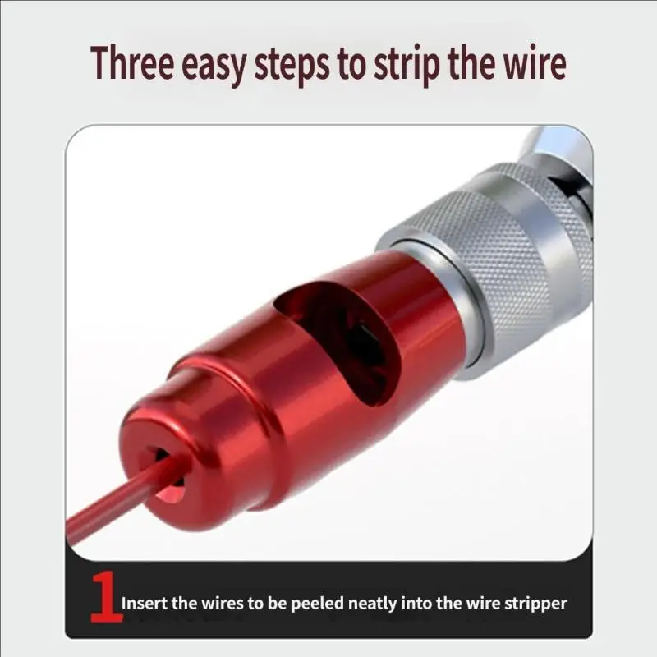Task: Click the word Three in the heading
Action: pyautogui.click(x=132, y=62)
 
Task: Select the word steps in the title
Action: pyautogui.click(x=292, y=65)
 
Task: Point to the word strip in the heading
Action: pyautogui.click(x=406, y=65)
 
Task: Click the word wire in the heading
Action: pyautogui.click(x=535, y=62)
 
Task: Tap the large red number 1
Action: pyautogui.click(x=106, y=597)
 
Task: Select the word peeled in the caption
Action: pyautogui.click(x=317, y=604)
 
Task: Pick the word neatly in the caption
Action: pyautogui.click(x=373, y=604)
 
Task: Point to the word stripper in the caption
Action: pyautogui.click(x=536, y=604)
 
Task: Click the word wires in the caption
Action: pyautogui.click(x=223, y=604)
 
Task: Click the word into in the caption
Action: pyautogui.click(x=417, y=604)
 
